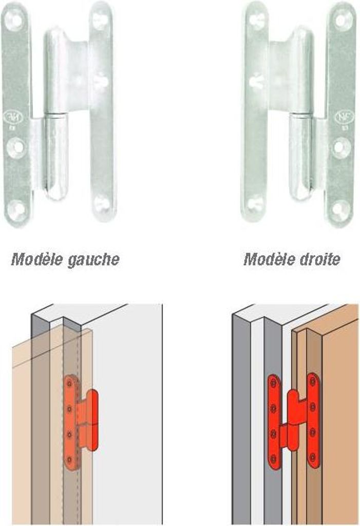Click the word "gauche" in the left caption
pyautogui.click(x=93, y=259)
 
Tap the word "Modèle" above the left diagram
pyautogui.click(x=37, y=259)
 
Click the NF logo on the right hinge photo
pyautogui.click(x=342, y=117)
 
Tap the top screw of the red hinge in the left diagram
pyautogui.click(x=70, y=383)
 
